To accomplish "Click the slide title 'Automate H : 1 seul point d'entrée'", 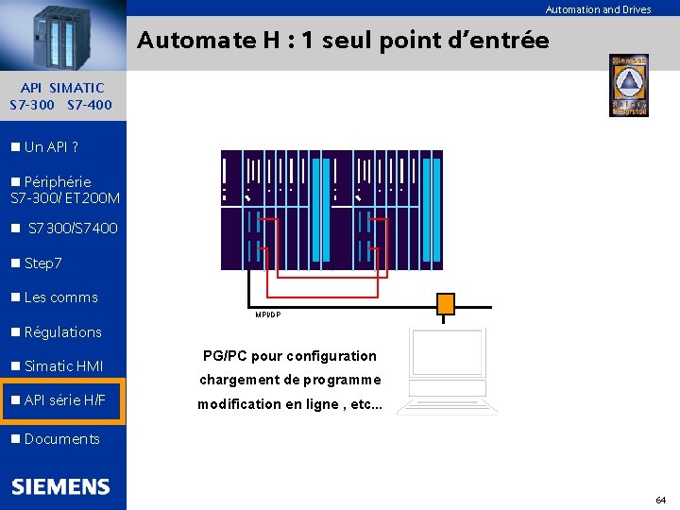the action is pyautogui.click(x=343, y=41).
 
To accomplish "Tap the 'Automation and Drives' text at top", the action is pyautogui.click(x=598, y=9).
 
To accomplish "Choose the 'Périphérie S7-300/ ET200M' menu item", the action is pyautogui.click(x=64, y=189).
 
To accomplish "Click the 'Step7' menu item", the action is pyautogui.click(x=42, y=263).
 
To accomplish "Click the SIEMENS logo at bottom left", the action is pyautogui.click(x=61, y=486).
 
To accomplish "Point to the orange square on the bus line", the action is pyautogui.click(x=445, y=303).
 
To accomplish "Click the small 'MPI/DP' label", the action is pyautogui.click(x=267, y=314).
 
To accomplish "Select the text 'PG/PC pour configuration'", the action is pyautogui.click(x=289, y=356).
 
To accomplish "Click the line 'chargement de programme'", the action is pyautogui.click(x=289, y=380).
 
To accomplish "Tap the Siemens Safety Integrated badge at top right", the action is pyautogui.click(x=628, y=85).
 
